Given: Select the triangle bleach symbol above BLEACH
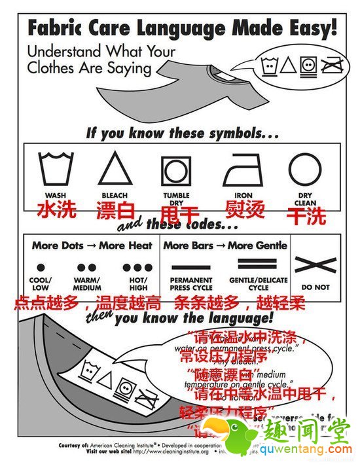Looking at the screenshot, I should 115,168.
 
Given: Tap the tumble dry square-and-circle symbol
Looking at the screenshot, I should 176,170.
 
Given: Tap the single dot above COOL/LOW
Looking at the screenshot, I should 41,268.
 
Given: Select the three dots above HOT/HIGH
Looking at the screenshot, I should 138,268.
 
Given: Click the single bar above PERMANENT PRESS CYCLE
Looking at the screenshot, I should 190,266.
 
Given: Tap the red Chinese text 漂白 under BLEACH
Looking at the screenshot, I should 115,211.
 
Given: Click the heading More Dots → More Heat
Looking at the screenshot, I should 92,245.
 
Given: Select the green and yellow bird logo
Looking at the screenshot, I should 251,438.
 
